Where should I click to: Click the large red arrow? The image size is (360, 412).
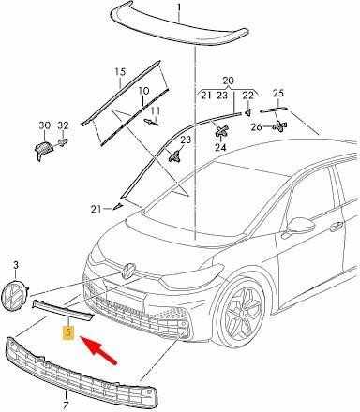pyautogui.click(x=98, y=350)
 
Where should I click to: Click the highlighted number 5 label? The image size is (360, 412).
pyautogui.click(x=68, y=332)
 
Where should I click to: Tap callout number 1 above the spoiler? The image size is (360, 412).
pyautogui.click(x=179, y=7)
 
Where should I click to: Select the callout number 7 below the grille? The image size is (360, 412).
pyautogui.click(x=66, y=405)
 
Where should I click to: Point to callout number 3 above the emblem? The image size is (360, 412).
pyautogui.click(x=16, y=265)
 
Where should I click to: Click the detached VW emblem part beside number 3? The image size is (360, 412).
pyautogui.click(x=15, y=295)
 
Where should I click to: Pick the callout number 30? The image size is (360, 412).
pyautogui.click(x=45, y=125)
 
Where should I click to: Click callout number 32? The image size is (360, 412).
pyautogui.click(x=63, y=125)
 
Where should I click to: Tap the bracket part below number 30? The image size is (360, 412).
pyautogui.click(x=44, y=150)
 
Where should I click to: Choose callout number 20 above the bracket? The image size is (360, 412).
pyautogui.click(x=228, y=81)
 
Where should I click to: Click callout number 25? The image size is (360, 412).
pyautogui.click(x=278, y=93)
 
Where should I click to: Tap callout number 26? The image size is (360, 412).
pyautogui.click(x=256, y=127)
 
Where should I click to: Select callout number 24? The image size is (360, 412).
pyautogui.click(x=220, y=147)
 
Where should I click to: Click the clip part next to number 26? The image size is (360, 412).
pyautogui.click(x=279, y=126)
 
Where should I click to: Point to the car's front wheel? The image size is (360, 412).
pyautogui.click(x=241, y=313)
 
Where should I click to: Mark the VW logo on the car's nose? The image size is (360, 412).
pyautogui.click(x=128, y=271)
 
